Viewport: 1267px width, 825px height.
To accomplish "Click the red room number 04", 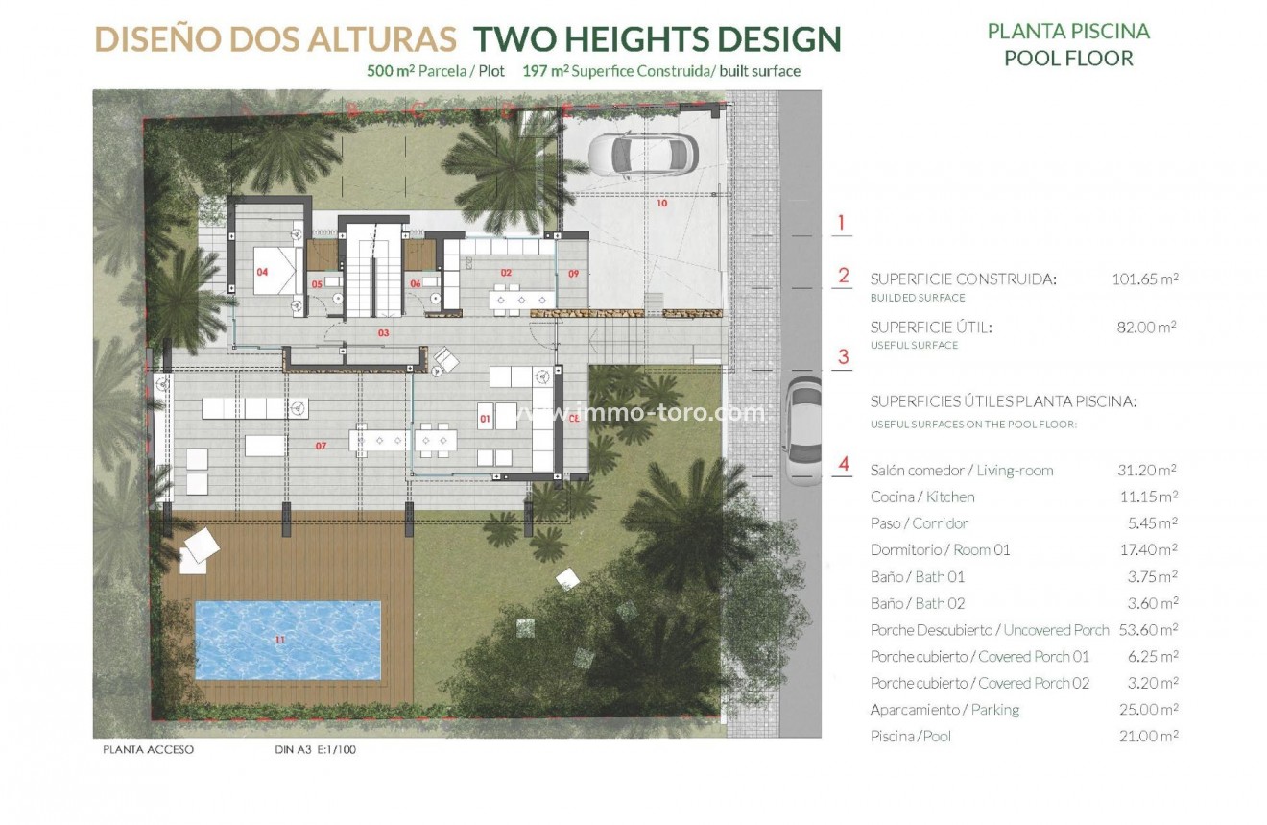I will (262, 272).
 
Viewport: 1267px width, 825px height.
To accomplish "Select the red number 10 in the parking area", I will (661, 204).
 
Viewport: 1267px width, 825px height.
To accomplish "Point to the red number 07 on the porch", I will (321, 446).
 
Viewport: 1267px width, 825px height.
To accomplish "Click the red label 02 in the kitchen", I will (506, 274).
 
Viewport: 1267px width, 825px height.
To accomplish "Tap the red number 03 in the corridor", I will (383, 332).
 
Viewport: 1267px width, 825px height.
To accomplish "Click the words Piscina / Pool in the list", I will (911, 737).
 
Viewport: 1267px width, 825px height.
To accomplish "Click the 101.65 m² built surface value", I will (1140, 279).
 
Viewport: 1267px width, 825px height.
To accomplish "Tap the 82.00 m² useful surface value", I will (1145, 327).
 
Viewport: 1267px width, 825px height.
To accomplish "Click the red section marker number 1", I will (841, 224).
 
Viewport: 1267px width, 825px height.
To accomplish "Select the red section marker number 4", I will (844, 465).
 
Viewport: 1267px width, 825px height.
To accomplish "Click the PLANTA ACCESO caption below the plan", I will (148, 749).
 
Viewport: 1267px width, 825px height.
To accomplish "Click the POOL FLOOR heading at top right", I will (1068, 58).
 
